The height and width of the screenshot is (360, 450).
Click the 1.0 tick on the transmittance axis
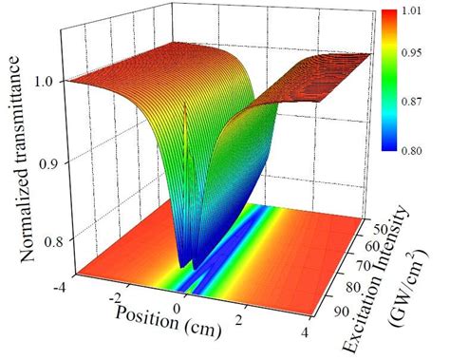pyautogui.click(x=46, y=80)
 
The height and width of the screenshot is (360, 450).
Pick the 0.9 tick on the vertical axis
pyautogui.click(x=46, y=163)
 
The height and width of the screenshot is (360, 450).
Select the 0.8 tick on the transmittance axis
pyautogui.click(x=46, y=243)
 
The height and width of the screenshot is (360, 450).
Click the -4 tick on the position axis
pyautogui.click(x=59, y=282)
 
